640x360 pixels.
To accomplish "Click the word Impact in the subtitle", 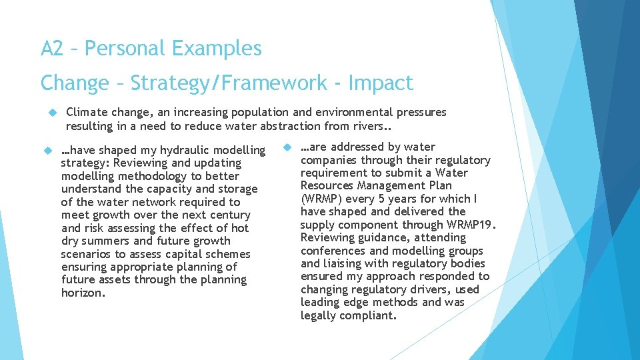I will point(380,83).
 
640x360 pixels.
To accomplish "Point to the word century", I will point(229,215).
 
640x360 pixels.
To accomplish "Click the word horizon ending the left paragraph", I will point(82,293).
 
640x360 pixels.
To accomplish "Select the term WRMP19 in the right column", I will point(470,225).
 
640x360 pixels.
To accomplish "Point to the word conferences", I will point(333,251).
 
